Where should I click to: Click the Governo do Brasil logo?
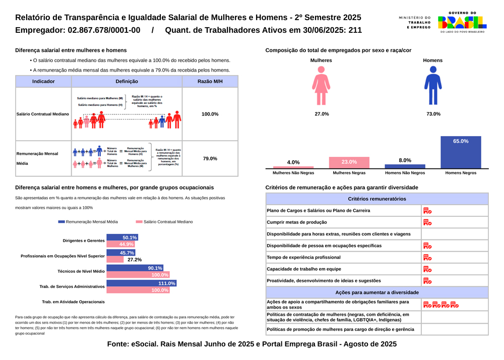[x=462, y=22]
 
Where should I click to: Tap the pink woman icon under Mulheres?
[x=321, y=85]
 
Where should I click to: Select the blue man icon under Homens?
[x=432, y=85]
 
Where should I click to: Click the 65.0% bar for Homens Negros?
[x=461, y=152]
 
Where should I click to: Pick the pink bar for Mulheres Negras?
[x=349, y=162]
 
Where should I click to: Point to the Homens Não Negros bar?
[x=405, y=166]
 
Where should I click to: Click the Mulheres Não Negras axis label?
[x=293, y=173]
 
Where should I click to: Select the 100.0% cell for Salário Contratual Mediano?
[x=210, y=114]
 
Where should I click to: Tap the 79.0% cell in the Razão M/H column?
[x=210, y=159]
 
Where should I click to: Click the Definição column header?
[x=127, y=82]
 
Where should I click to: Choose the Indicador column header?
[x=43, y=82]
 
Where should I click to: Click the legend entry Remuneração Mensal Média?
[x=88, y=222]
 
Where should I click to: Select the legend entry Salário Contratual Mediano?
[x=164, y=222]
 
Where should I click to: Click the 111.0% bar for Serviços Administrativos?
[x=141, y=283]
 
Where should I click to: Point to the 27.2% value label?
[x=135, y=260]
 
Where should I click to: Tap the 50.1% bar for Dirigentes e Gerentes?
[x=122, y=237]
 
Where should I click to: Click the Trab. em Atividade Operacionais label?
[x=73, y=302]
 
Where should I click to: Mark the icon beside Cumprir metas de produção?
[x=427, y=222]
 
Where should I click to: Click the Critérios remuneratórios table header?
[x=376, y=199]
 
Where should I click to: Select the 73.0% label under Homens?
[x=433, y=114]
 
